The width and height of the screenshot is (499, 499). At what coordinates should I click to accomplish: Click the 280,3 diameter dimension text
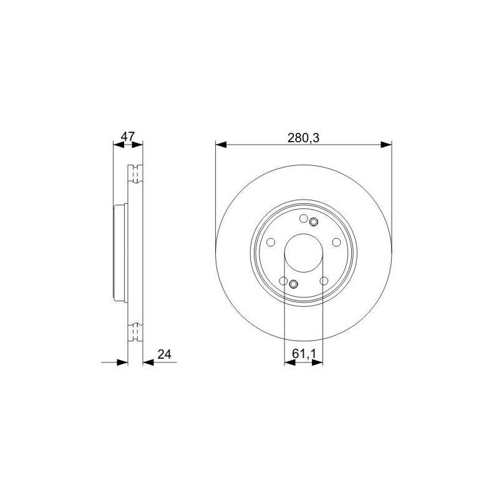coord(303,138)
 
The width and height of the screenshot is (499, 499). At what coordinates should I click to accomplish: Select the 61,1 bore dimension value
coord(304,354)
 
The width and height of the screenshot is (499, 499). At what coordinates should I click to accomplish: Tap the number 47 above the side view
coord(128,137)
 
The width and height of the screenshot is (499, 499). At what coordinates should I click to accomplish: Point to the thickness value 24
coord(164,354)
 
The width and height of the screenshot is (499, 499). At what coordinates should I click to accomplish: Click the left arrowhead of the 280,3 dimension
coord(221,145)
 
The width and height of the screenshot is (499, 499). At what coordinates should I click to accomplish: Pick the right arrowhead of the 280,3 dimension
coord(386,145)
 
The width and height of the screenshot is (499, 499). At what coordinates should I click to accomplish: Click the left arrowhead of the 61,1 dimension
coord(290,362)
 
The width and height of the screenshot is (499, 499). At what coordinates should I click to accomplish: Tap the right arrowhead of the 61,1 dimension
coord(317,362)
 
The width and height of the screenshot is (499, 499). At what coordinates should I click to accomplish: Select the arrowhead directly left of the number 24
coord(148,362)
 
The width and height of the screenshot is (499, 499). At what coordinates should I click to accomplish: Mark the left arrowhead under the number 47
coord(119,145)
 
